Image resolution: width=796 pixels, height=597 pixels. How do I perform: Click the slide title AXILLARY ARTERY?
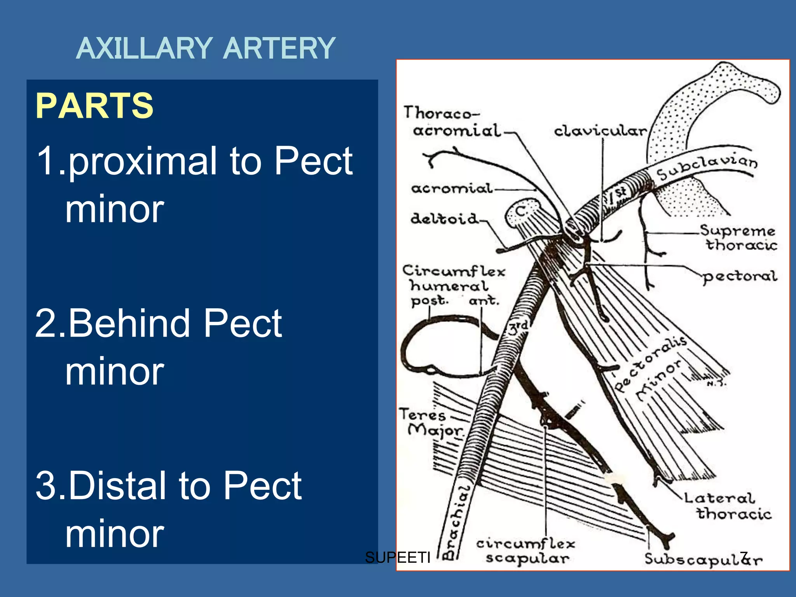206,49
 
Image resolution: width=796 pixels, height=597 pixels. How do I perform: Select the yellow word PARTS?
94,106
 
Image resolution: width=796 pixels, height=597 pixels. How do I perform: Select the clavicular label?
600,131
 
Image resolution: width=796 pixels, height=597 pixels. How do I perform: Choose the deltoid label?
445,219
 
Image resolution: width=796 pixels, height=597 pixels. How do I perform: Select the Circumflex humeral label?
453,279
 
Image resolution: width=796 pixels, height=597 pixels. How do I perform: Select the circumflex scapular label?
526,551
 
